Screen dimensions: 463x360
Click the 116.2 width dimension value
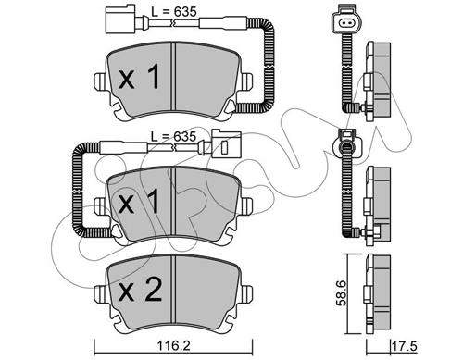click(173, 346)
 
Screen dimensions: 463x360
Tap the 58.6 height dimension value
click(342, 293)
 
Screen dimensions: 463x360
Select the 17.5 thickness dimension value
click(404, 346)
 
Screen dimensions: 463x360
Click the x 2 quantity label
click(140, 290)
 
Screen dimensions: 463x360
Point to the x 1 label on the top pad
click(139, 77)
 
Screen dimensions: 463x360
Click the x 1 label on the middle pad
click(139, 202)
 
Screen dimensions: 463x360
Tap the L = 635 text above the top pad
click(173, 12)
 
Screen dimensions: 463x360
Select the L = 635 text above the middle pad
click(173, 136)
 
